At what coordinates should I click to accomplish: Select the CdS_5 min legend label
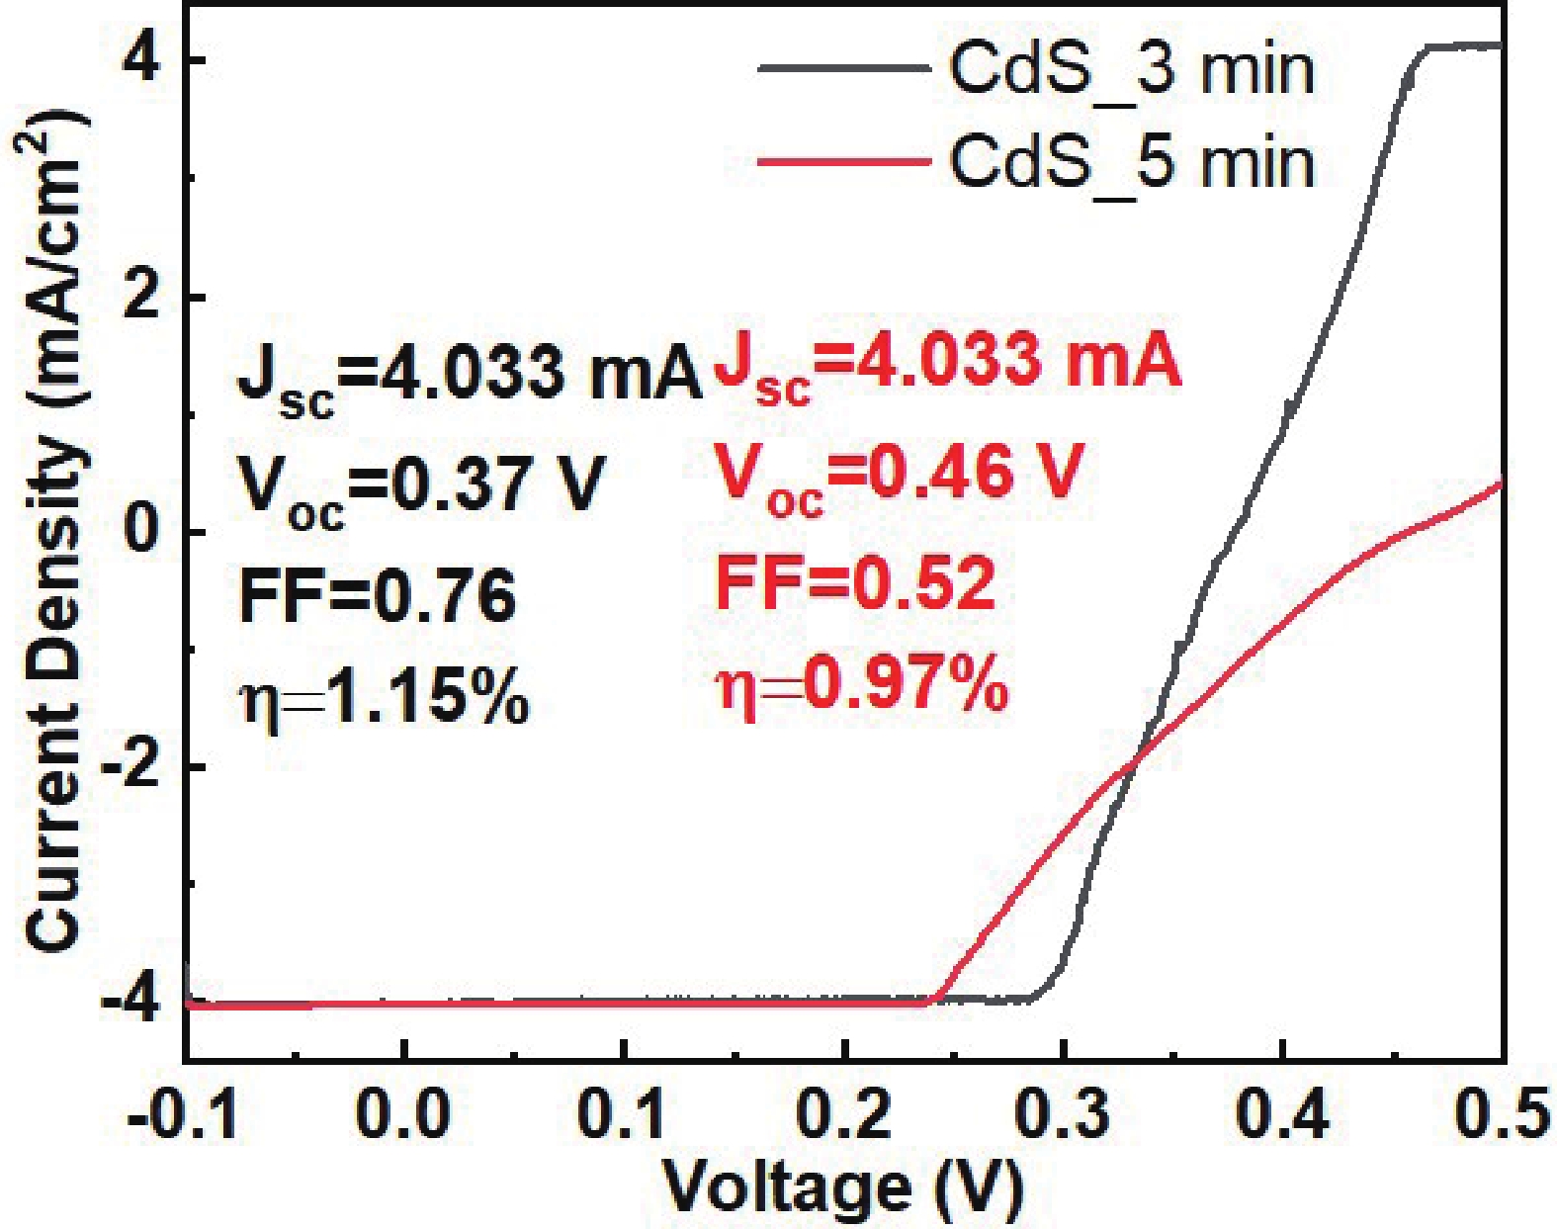1132,162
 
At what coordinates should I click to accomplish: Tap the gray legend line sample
843,69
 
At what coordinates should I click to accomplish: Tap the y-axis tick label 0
142,532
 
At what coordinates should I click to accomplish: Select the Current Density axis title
54,534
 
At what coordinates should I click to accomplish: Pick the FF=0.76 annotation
378,596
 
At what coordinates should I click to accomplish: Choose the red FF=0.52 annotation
855,583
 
